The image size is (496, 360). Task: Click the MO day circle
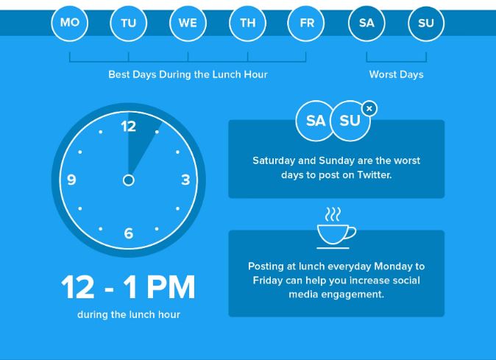(70, 23)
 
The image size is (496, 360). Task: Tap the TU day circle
(129, 23)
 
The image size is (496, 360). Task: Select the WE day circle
(188, 23)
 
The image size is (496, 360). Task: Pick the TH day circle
(248, 23)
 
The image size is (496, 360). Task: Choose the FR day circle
(306, 23)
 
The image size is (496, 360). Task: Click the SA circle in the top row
(366, 23)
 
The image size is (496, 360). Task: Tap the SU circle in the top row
(426, 23)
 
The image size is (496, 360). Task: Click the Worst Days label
(396, 74)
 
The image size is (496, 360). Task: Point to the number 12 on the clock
(129, 127)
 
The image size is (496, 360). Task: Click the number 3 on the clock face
(185, 180)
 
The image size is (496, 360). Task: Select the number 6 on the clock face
(129, 233)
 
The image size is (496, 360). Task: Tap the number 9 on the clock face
(71, 180)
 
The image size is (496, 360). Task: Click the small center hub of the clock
(129, 180)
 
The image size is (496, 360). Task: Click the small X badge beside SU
(369, 108)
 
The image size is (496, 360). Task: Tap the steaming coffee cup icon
(336, 228)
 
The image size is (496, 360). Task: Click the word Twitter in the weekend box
(375, 175)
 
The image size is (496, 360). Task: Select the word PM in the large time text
(171, 287)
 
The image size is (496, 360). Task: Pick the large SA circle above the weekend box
(315, 121)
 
